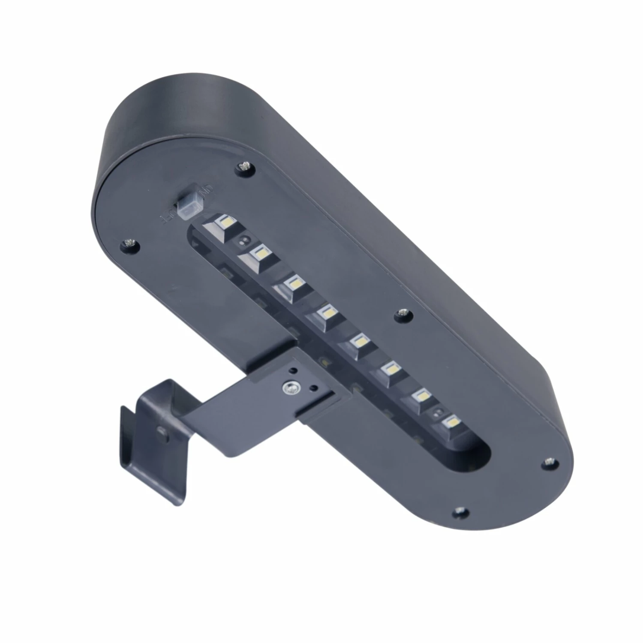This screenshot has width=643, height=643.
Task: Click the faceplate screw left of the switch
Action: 129,243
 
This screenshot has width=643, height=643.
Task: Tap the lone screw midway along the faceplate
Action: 402,313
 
